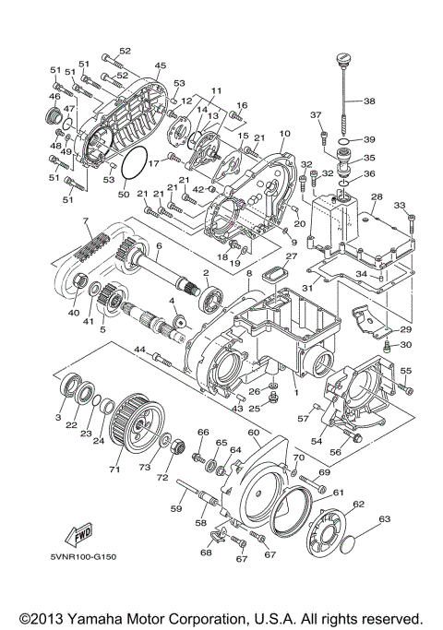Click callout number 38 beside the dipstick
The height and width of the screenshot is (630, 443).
tap(369, 101)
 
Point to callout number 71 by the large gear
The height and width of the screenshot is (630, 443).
tap(115, 470)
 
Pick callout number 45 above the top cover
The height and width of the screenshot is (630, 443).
tap(160, 65)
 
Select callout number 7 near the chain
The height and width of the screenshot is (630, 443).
tap(85, 221)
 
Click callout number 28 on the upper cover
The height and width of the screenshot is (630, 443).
tap(376, 197)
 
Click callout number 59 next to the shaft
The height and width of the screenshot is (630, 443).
tap(175, 506)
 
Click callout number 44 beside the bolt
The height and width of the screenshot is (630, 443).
tap(139, 351)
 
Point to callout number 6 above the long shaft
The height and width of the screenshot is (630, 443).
tap(159, 245)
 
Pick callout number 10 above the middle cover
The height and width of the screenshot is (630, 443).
tap(284, 134)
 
